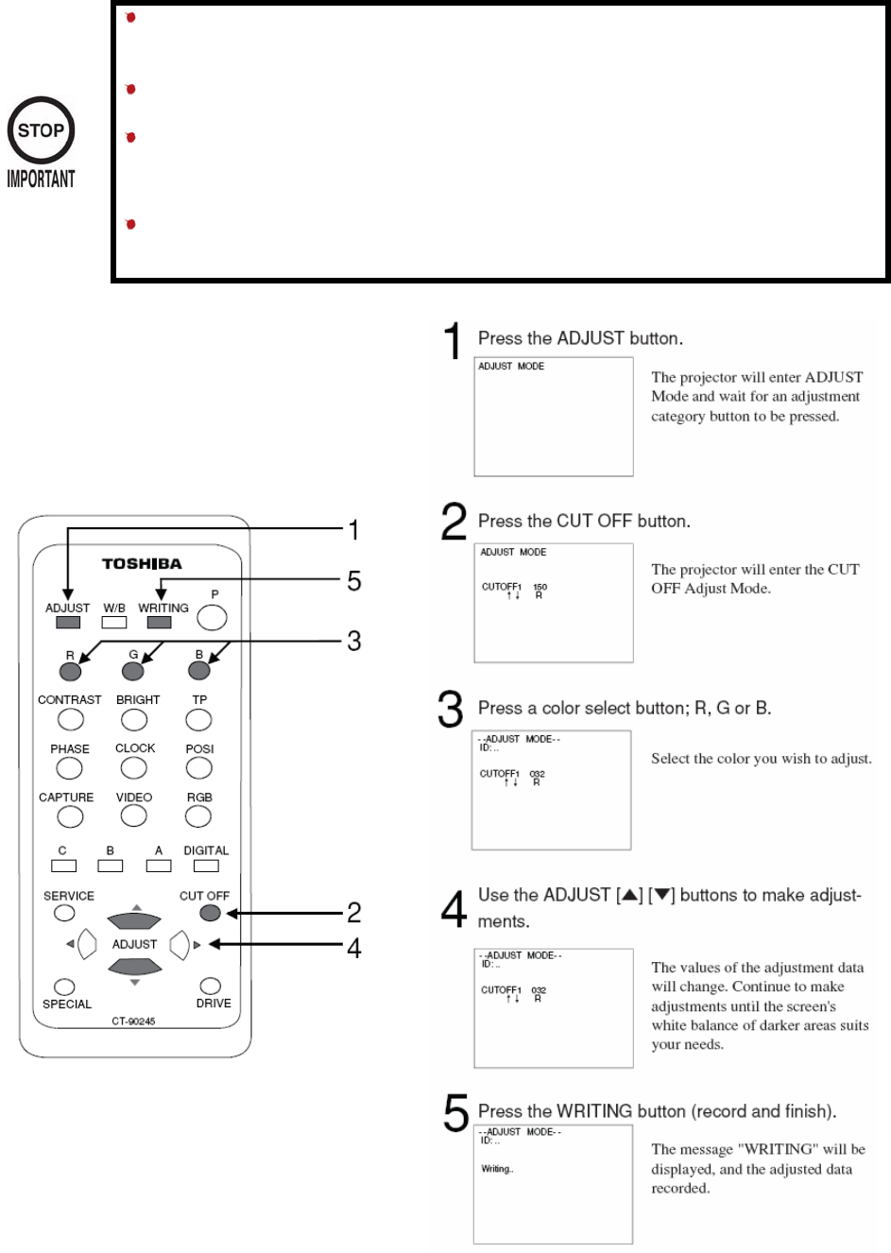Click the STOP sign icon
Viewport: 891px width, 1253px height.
(x=41, y=130)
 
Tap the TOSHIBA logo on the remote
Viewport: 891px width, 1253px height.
(x=142, y=564)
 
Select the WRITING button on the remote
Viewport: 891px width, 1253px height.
(x=160, y=623)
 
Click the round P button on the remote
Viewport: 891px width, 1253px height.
(x=212, y=618)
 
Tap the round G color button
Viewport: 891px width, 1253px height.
(x=133, y=671)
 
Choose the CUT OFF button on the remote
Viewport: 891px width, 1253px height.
(x=210, y=913)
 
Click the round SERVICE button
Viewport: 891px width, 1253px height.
(x=64, y=913)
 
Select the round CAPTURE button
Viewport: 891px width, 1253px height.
(x=69, y=816)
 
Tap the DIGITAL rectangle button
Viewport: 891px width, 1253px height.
(x=206, y=866)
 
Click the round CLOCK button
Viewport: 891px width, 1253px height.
(x=134, y=767)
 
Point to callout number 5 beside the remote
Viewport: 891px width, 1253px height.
(x=354, y=580)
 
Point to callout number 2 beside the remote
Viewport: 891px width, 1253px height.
(x=354, y=913)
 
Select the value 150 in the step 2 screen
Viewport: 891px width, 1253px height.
(x=540, y=587)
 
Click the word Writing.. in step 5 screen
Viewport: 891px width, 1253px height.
(x=497, y=1169)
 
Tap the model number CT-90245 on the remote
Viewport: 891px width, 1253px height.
(x=133, y=1021)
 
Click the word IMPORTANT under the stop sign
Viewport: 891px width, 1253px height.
(x=41, y=179)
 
